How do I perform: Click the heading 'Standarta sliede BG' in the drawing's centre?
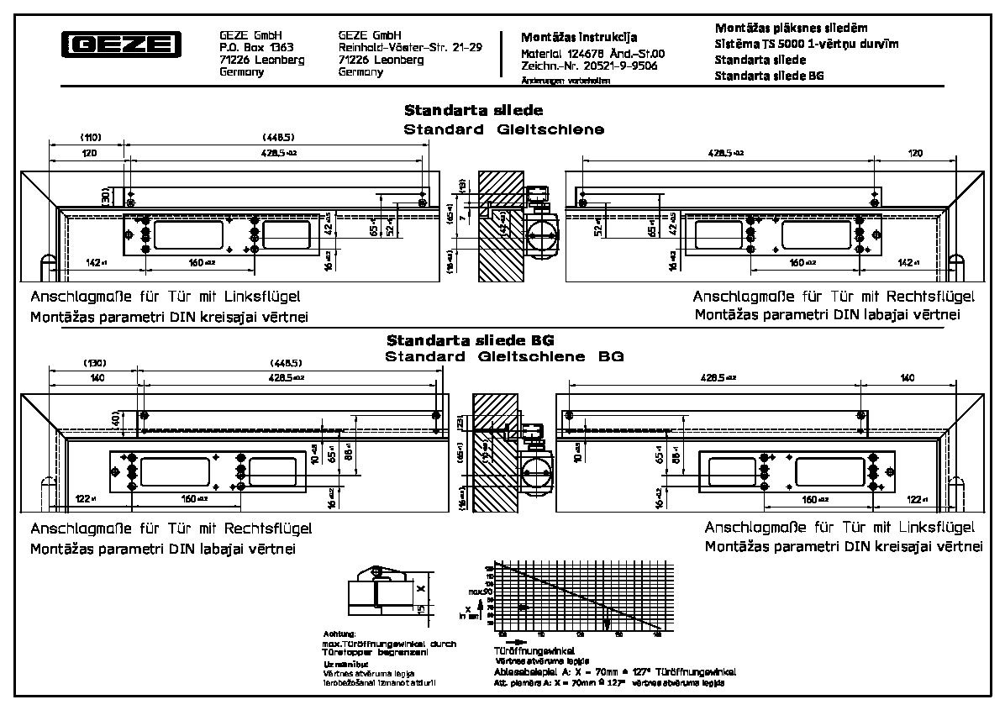coord(471,340)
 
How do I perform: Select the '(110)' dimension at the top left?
coord(90,136)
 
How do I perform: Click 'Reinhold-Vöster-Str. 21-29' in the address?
coord(409,48)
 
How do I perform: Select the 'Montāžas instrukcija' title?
coord(579,37)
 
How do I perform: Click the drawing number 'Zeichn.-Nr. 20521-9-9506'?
coord(589,66)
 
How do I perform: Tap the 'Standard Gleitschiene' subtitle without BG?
coord(503,129)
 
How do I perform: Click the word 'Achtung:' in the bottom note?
coord(339,634)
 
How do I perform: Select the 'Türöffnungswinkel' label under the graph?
coord(534,650)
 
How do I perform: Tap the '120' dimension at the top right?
coord(915,153)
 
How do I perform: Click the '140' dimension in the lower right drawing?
coord(907,379)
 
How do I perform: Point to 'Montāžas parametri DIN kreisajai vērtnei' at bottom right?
coord(843,546)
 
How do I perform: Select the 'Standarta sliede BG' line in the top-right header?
coord(768,76)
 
